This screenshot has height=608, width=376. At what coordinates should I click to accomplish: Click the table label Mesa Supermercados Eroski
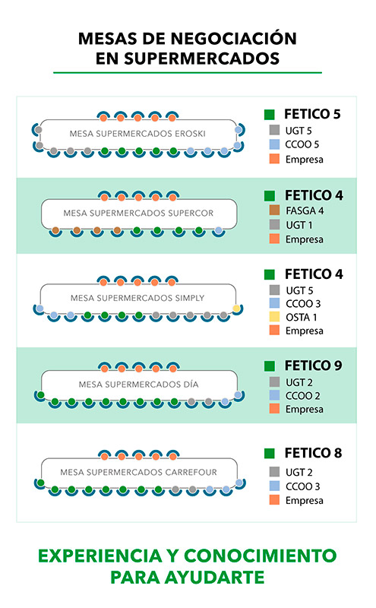pos(137,134)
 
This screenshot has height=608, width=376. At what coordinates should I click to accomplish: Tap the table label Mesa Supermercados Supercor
pos(138,214)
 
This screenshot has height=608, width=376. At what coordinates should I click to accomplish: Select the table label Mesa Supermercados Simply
pos(137,298)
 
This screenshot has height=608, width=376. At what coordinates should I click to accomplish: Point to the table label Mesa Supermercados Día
pos(138,385)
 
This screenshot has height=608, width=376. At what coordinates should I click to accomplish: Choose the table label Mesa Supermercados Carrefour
pos(138,472)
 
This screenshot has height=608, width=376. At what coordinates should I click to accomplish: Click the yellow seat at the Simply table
pos(236,309)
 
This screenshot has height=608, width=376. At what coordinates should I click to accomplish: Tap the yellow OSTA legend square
pos(274,317)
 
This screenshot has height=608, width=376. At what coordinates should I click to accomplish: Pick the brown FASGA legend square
pos(274,211)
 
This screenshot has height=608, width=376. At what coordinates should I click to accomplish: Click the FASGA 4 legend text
pos(305,211)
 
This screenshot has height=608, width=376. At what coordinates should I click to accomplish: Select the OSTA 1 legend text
pos(302,317)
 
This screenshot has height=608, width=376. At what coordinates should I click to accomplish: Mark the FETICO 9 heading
pos(314,366)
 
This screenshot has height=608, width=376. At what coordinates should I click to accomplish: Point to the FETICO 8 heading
pos(314,453)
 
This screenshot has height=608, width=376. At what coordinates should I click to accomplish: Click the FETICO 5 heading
pos(312,114)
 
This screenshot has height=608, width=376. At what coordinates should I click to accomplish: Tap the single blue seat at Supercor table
pos(219,231)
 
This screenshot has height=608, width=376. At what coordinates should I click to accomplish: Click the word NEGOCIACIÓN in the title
pos(233,39)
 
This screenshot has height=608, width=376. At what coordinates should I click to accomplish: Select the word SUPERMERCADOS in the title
pos(201,59)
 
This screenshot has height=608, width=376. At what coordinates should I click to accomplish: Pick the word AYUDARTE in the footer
pos(214,578)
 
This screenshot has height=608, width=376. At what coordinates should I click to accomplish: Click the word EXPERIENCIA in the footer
pos(100,556)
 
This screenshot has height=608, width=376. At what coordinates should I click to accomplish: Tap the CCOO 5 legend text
pos(302,144)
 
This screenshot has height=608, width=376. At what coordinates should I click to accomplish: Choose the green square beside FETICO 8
pos(270,453)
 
